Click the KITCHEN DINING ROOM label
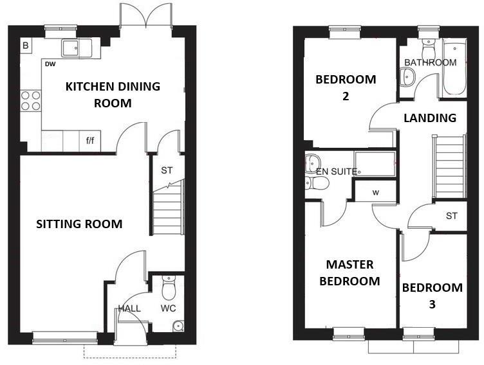tap(113, 94)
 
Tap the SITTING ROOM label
tap(79, 224)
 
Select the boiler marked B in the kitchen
tap(26, 46)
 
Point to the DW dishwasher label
tap(50, 64)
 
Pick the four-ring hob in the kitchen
tap(31, 102)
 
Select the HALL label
tap(129, 308)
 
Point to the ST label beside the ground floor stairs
tap(167, 171)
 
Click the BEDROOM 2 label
tap(345, 87)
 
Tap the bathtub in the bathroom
tap(454, 67)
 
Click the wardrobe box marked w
tap(375, 191)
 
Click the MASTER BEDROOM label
tap(352, 272)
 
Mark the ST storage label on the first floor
tap(451, 216)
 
